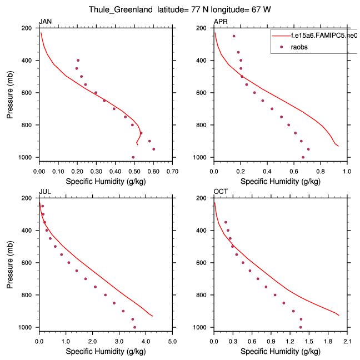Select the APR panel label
click(220, 22)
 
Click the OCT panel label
click(221, 192)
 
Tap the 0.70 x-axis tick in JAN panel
click(172, 172)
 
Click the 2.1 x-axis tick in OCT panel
click(347, 342)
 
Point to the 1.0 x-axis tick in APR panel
click(347, 172)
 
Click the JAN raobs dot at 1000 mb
click(133, 157)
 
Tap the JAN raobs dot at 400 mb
click(78, 60)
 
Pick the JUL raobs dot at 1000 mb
click(134, 327)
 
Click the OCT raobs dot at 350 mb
click(226, 222)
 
